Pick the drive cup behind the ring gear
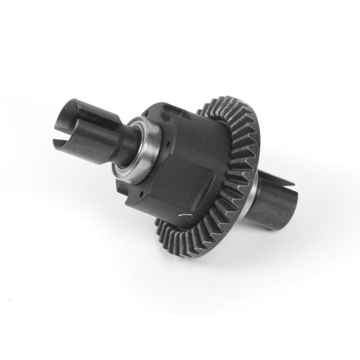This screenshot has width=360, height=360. pyautogui.click(x=270, y=202)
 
